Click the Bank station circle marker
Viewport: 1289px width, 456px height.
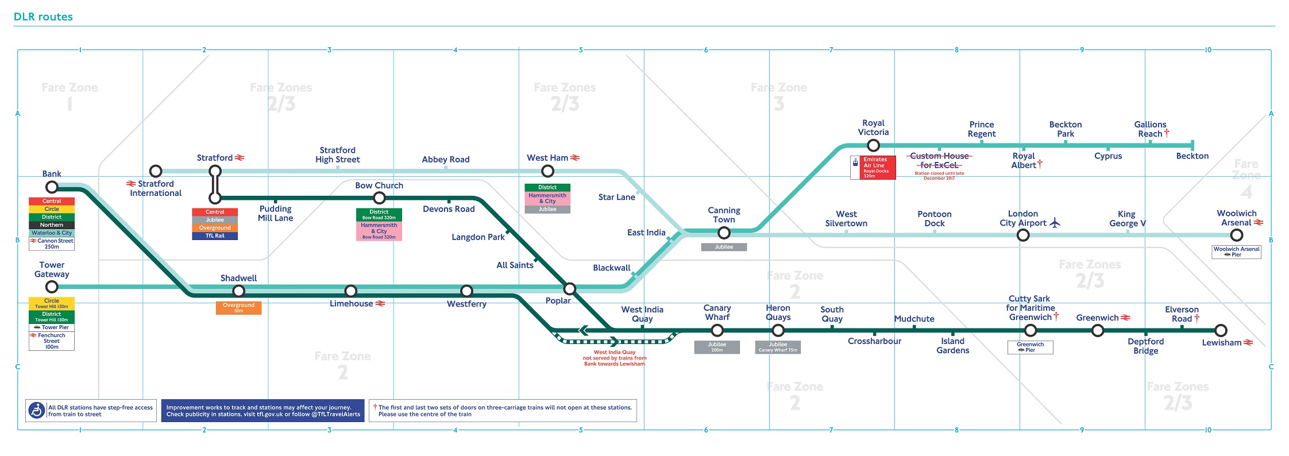point(52,187)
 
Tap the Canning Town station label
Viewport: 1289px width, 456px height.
point(724,215)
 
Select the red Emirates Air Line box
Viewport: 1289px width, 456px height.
point(873,168)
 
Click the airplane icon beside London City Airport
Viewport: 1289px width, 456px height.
point(1055,223)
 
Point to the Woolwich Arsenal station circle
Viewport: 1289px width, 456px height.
point(1236,235)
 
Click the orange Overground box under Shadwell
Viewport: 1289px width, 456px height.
point(238,308)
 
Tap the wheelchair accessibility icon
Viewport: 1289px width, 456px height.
point(37,411)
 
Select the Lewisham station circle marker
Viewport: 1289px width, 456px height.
point(1221,330)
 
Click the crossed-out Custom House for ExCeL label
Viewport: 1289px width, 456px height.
point(939,161)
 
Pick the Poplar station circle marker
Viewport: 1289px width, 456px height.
point(569,288)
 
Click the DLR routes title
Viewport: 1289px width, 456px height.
point(43,17)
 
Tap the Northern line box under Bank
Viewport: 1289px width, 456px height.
point(52,225)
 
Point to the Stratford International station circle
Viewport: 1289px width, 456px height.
point(156,171)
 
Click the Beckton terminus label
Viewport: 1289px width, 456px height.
point(1192,156)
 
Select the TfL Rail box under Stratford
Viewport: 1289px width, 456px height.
point(215,236)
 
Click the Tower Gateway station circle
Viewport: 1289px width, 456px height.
point(52,287)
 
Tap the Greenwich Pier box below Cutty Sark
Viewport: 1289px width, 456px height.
point(1030,347)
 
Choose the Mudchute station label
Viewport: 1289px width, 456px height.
point(914,319)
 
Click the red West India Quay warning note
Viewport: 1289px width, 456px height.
point(614,358)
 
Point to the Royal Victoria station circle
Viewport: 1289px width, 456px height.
point(873,145)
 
